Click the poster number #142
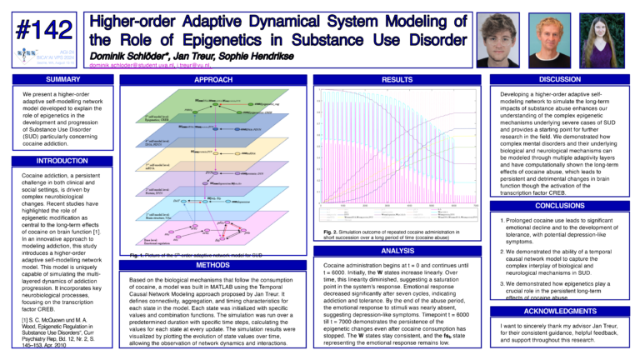click(x=41, y=30)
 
